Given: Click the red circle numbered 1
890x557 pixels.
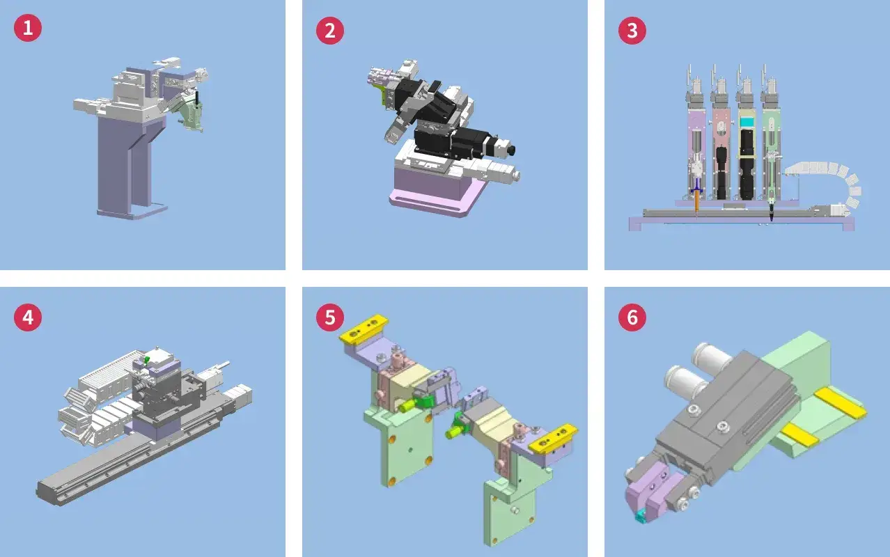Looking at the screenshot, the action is [x=28, y=28].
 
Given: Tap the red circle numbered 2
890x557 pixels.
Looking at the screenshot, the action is [x=330, y=31].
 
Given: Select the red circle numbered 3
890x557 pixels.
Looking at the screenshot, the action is [x=632, y=31].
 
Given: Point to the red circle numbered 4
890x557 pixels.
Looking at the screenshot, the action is [x=28, y=317].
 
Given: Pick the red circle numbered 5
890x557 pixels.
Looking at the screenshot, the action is [x=330, y=317].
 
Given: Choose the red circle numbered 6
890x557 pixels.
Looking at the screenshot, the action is [x=632, y=317].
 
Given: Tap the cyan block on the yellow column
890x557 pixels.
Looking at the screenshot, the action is [x=747, y=123].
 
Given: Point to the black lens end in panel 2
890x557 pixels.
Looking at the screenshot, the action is [x=512, y=150].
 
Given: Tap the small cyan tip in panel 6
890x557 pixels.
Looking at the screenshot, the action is [x=640, y=517].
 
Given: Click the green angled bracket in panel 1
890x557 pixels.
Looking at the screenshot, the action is [x=192, y=114].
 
